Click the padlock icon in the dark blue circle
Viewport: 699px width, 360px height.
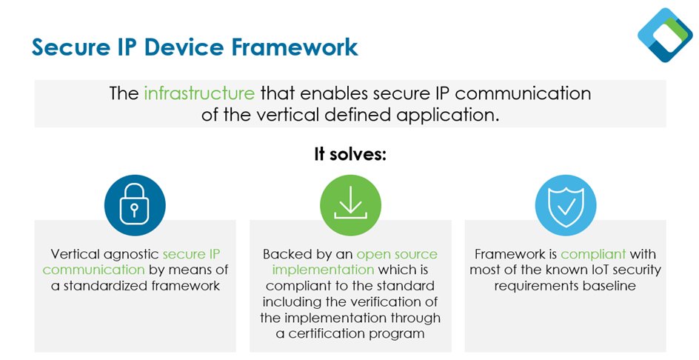(135, 205)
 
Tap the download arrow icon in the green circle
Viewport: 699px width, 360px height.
(350, 205)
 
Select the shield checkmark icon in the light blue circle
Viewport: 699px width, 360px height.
(565, 205)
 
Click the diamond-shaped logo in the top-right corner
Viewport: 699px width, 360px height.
(665, 35)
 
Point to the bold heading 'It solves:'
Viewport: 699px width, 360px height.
(349, 155)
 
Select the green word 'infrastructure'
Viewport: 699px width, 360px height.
(199, 93)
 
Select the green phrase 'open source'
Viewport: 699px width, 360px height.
(397, 254)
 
